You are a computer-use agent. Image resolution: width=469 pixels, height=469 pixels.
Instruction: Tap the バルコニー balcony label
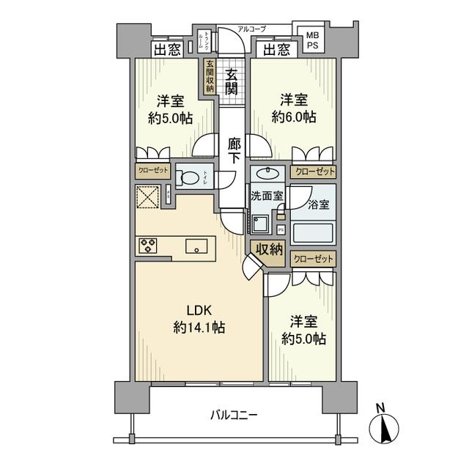(234, 415)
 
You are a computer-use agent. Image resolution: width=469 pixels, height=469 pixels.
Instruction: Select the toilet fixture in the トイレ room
(188, 177)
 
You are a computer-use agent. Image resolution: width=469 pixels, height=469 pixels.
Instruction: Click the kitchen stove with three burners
(147, 245)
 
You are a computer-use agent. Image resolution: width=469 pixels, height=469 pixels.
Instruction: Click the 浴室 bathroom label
(318, 204)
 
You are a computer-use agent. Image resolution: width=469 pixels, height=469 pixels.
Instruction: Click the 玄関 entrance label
(231, 81)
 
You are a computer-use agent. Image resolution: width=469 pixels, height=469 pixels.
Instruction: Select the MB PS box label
(312, 40)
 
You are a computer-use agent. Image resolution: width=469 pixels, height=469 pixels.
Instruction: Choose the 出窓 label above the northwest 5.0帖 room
(166, 50)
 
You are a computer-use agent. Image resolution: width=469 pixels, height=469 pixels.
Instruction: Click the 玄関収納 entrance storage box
(210, 75)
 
